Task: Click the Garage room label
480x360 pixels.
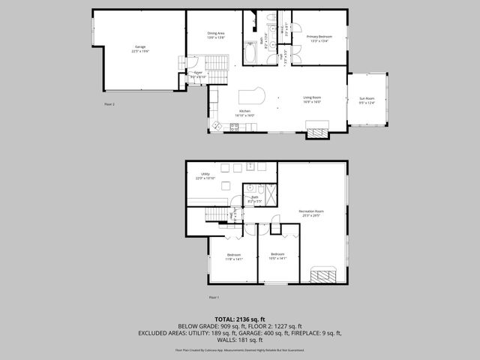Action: [140, 49]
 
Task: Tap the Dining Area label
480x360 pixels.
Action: [216, 35]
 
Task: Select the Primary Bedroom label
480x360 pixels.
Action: [319, 38]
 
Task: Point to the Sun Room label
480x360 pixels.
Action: [367, 100]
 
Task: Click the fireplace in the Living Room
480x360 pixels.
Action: [322, 133]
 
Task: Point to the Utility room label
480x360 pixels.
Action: [205, 176]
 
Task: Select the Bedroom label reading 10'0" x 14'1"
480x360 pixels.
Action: [277, 255]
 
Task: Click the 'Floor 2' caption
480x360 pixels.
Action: [109, 104]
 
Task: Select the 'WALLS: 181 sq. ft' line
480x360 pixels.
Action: [240, 342]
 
